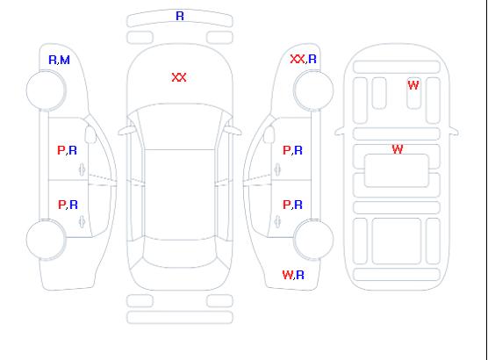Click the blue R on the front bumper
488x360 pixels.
click(180, 16)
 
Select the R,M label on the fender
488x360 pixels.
click(59, 60)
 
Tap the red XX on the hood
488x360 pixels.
click(179, 77)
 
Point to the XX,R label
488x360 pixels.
click(303, 59)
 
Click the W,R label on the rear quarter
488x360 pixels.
click(293, 275)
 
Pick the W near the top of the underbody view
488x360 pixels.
click(413, 85)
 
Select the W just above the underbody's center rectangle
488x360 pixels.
click(398, 149)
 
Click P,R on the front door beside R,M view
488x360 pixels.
click(67, 150)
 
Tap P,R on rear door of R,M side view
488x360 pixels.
click(68, 205)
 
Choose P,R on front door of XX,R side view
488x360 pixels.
click(292, 150)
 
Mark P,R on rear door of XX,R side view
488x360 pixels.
click(292, 205)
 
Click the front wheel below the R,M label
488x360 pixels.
click(46, 90)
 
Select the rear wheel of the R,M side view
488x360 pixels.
click(46, 240)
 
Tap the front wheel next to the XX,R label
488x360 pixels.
click(313, 90)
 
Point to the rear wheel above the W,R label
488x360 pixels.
click(313, 240)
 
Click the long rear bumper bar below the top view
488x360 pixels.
click(180, 317)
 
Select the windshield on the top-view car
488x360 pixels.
click(180, 126)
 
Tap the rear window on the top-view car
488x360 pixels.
click(180, 254)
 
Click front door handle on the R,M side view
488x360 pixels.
click(82, 169)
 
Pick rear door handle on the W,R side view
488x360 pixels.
click(277, 221)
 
